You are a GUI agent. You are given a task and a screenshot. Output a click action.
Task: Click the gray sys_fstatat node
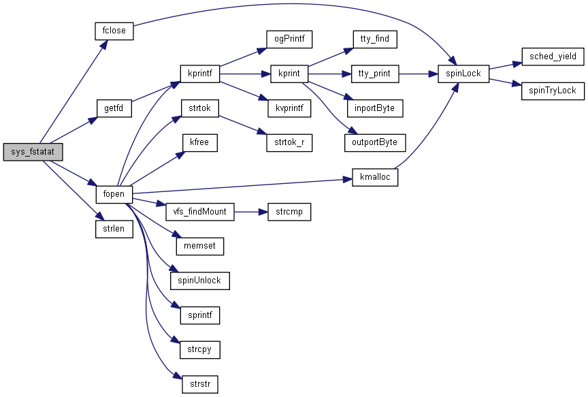coord(33,152)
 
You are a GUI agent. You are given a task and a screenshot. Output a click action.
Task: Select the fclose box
coord(113,31)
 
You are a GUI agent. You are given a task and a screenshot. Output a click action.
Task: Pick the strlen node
coord(113,229)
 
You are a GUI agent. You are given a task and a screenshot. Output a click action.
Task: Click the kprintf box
coord(199,73)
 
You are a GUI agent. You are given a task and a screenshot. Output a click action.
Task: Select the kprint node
coord(289,73)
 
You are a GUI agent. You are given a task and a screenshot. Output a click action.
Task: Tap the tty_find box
coord(374,39)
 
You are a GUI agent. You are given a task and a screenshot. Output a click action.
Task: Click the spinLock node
coord(463,73)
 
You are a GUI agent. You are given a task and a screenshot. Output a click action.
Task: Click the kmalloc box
coord(374,177)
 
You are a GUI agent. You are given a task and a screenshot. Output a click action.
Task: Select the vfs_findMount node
coord(200,212)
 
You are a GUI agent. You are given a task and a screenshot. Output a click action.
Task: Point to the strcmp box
coord(289,212)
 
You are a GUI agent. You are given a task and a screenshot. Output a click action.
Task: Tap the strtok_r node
coord(289,125)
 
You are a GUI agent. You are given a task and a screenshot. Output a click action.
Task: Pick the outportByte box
coord(374,142)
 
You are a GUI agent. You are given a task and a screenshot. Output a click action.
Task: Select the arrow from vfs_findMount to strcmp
coord(251,212)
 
